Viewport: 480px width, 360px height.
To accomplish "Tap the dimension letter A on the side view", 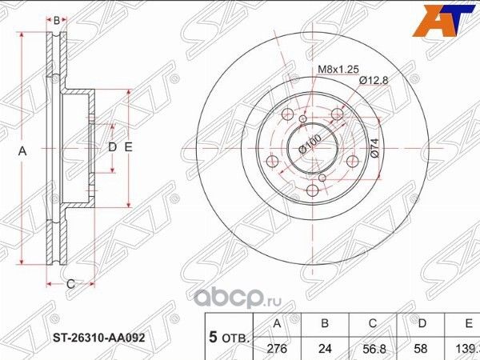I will click(22, 150).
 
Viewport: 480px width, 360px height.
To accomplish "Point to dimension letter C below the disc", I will click(70, 284).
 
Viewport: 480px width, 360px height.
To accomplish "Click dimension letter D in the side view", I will click(112, 148).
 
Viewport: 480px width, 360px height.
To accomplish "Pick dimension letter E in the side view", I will click(127, 148).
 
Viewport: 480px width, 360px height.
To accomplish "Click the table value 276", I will click(278, 350).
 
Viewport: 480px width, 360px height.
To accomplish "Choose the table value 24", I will click(323, 350).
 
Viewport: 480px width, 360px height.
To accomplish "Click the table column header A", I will click(278, 324).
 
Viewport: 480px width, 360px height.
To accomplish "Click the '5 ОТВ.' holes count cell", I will click(227, 337).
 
